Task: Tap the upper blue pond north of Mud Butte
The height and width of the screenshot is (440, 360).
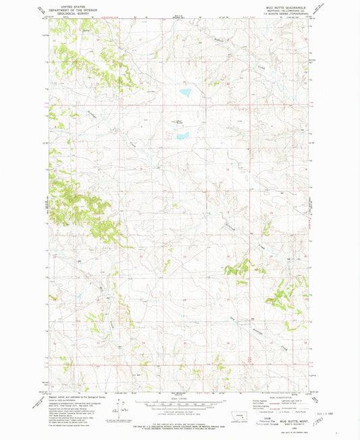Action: (x=184, y=93)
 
